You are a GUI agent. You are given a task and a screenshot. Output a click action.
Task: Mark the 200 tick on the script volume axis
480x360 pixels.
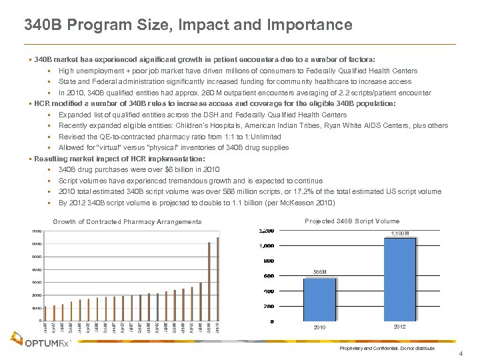[x=268, y=307]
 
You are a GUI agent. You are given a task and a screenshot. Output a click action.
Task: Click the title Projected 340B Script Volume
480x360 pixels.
[x=351, y=221]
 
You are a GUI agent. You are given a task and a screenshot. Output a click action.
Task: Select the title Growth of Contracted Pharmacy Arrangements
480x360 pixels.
[x=127, y=221]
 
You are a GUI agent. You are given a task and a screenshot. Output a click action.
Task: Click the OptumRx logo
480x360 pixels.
[x=43, y=342]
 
